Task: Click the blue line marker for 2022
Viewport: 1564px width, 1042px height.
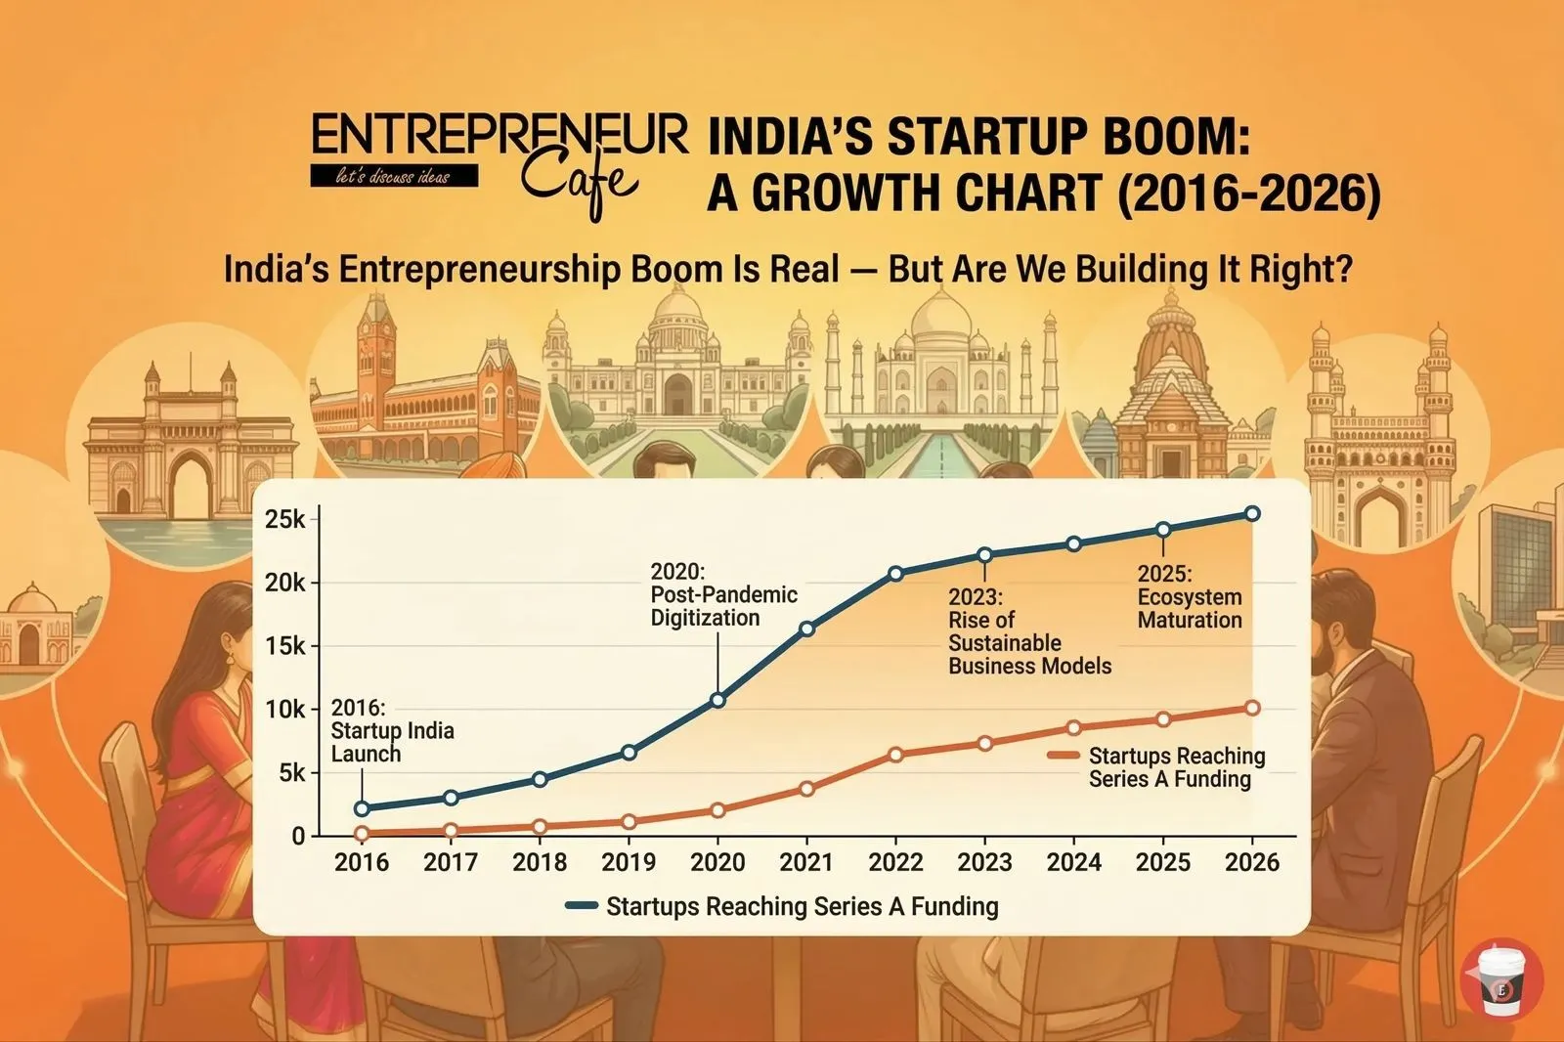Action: (x=895, y=573)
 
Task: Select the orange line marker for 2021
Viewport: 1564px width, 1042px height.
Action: (x=806, y=788)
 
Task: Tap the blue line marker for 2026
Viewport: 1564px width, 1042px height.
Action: (x=1252, y=514)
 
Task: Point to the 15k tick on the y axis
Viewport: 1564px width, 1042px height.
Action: (x=285, y=646)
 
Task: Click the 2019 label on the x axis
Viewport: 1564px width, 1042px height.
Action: (x=629, y=862)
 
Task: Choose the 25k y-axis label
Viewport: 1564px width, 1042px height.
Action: (x=285, y=519)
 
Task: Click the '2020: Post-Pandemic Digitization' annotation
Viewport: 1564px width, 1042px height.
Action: (x=723, y=594)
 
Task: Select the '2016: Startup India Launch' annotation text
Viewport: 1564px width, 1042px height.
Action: (x=392, y=731)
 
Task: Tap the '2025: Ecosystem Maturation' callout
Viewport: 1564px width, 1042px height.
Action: (x=1189, y=596)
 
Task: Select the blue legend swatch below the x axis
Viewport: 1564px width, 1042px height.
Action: (x=582, y=906)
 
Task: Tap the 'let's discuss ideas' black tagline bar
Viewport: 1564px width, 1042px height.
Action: (x=393, y=177)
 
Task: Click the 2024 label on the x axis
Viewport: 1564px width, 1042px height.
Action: (x=1073, y=862)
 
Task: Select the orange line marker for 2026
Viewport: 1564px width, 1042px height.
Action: (x=1252, y=708)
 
